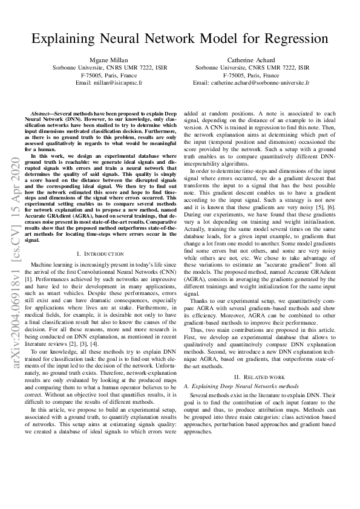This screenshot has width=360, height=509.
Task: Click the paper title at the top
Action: pyautogui.click(x=180, y=40)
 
